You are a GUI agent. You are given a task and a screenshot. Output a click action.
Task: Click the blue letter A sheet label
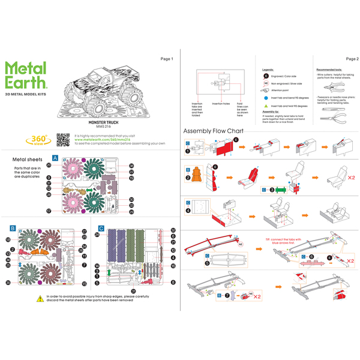coord(55,158)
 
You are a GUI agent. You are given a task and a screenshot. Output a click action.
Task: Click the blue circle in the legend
coord(265,96)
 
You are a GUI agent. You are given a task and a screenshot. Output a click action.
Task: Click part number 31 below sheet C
coord(133,290)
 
